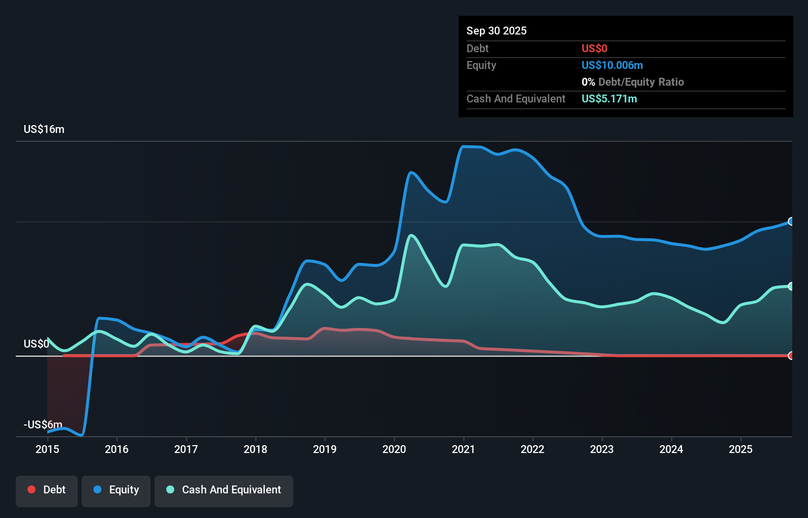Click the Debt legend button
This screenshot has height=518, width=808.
(47, 490)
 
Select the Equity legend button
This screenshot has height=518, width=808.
(116, 490)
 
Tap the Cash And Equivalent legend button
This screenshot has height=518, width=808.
(224, 490)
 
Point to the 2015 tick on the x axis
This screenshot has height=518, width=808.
(47, 449)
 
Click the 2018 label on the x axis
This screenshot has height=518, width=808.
(255, 449)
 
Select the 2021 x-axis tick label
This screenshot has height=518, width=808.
(464, 449)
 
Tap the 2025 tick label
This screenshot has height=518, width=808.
(741, 449)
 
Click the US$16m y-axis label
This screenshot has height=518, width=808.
(44, 129)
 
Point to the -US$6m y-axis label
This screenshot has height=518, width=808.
(43, 424)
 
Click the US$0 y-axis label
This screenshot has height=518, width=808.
(36, 344)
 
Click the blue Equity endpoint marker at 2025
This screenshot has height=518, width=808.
(791, 222)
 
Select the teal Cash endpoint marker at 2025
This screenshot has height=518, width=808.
(791, 286)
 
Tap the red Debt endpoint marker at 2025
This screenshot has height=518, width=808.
(791, 356)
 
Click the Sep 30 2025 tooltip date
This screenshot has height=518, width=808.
(496, 31)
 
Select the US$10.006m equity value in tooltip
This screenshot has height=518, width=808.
(612, 65)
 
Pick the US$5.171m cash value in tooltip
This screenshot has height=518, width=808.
(609, 98)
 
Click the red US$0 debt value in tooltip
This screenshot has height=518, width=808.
(594, 48)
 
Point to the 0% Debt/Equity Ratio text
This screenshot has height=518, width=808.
(632, 82)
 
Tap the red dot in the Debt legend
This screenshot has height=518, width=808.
(31, 489)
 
